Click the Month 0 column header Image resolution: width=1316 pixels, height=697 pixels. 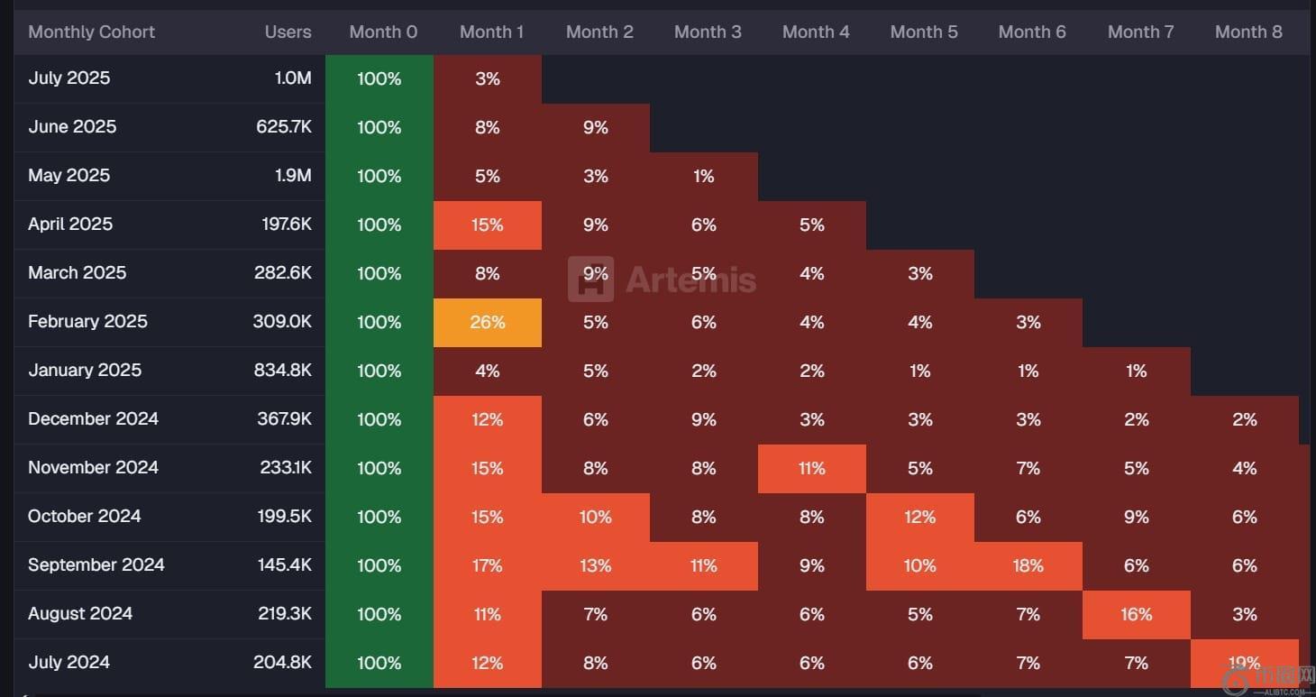click(x=383, y=32)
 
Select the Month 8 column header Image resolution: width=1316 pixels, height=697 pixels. click(x=1248, y=32)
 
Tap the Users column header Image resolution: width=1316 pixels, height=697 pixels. click(x=288, y=32)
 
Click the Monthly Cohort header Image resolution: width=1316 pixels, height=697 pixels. click(x=91, y=32)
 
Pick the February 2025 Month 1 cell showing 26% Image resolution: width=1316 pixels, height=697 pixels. click(x=488, y=323)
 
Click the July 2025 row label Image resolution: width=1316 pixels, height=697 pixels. click(x=69, y=78)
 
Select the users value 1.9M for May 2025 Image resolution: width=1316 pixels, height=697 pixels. click(x=293, y=176)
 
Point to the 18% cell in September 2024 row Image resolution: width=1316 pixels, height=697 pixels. click(x=1028, y=566)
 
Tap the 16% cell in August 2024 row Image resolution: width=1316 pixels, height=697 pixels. click(x=1137, y=615)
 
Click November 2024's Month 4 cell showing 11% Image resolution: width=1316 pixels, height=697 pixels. click(x=812, y=469)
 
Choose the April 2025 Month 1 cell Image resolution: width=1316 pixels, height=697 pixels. click(x=488, y=225)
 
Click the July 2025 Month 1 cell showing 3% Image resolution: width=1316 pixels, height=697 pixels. click(x=488, y=79)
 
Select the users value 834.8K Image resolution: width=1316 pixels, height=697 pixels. click(x=282, y=371)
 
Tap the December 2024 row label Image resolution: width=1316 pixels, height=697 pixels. click(x=93, y=419)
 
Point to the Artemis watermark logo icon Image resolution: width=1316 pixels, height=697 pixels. click(x=591, y=280)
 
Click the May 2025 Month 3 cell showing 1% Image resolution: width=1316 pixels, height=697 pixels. click(x=704, y=177)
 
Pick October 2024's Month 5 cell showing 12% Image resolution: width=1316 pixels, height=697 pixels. click(x=920, y=518)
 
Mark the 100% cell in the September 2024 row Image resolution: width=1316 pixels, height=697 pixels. click(x=379, y=566)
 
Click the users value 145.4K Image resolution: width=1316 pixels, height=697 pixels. click(x=284, y=565)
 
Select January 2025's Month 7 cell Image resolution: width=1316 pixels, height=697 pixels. click(x=1137, y=371)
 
